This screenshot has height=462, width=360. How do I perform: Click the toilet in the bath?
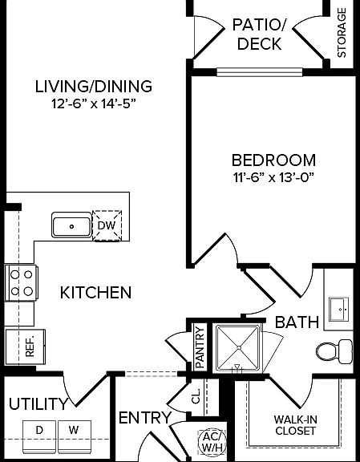[x=334, y=351]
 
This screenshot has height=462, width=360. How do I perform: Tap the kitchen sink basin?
[x=71, y=225]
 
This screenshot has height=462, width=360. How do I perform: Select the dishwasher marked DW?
[x=107, y=225]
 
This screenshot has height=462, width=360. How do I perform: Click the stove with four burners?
[x=21, y=283]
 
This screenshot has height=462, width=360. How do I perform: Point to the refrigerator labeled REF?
[x=26, y=347]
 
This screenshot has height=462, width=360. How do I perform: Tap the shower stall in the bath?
[x=238, y=347]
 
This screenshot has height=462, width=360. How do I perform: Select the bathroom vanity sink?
[x=339, y=309]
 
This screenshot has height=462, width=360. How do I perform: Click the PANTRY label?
[x=200, y=347]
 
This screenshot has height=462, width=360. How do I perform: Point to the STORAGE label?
[x=342, y=32]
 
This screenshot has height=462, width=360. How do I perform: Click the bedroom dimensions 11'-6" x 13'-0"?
[x=273, y=178]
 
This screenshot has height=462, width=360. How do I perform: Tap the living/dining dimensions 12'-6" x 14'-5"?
[x=94, y=103]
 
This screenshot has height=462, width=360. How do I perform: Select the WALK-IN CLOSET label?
[x=294, y=425]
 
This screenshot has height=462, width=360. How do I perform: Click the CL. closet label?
[x=196, y=396]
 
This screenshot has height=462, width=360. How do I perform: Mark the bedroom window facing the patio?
[x=260, y=72]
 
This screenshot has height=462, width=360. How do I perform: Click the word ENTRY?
[x=145, y=418]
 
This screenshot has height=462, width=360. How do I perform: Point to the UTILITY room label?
[x=38, y=403]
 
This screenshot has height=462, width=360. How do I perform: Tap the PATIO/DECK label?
[x=259, y=34]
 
